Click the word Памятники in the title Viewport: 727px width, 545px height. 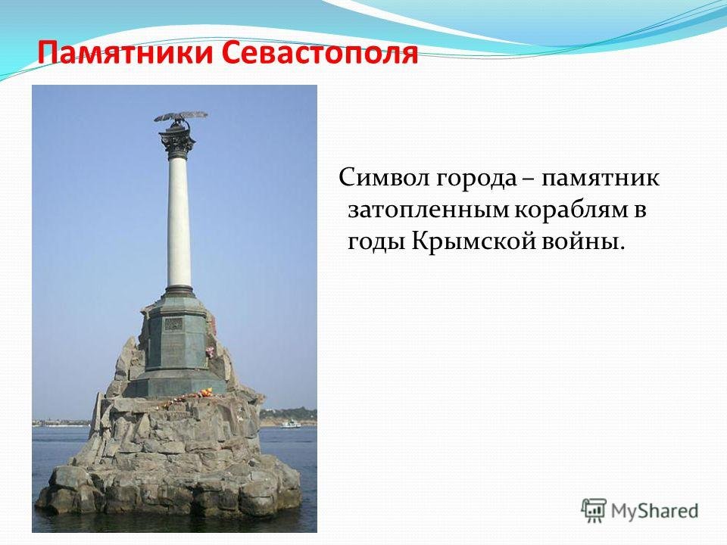pyautogui.click(x=126, y=53)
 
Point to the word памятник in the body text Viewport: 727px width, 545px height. pyautogui.click(x=601, y=179)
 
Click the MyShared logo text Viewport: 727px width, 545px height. pyautogui.click(x=654, y=511)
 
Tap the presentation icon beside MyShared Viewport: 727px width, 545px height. pyautogui.click(x=594, y=511)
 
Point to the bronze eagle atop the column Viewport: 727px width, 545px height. pyautogui.click(x=180, y=119)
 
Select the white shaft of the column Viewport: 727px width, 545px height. pyautogui.click(x=179, y=223)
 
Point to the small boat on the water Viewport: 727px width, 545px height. pyautogui.click(x=290, y=423)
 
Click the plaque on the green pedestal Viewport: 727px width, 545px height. pyautogui.click(x=174, y=323)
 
